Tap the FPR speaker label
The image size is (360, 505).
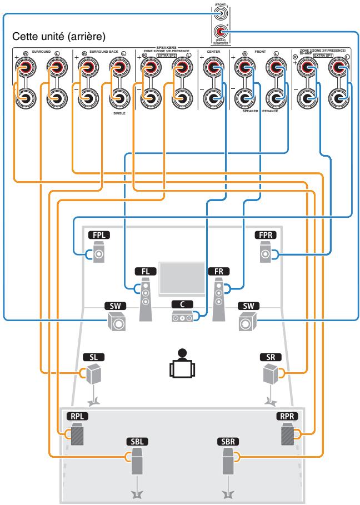coord(265,235)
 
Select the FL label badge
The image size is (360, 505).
coord(146,271)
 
